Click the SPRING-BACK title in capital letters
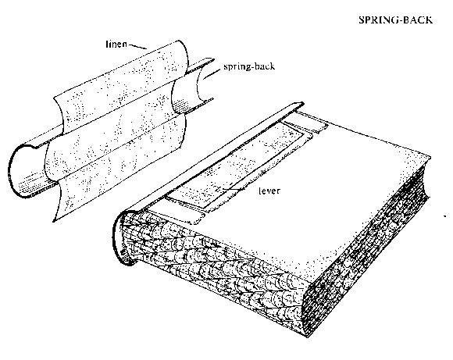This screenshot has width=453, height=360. coord(395,20)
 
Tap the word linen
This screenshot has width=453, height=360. coord(116,44)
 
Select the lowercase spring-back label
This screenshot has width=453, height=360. coord(249,66)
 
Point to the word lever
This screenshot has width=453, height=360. coord(269,191)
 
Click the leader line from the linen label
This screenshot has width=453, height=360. coord(137,46)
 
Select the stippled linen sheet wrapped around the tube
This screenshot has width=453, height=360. coord(119,130)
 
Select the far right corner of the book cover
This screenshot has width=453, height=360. coord(431,158)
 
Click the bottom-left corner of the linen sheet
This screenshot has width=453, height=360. coord(53,222)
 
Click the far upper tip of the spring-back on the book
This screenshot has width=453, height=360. coord(303,103)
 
